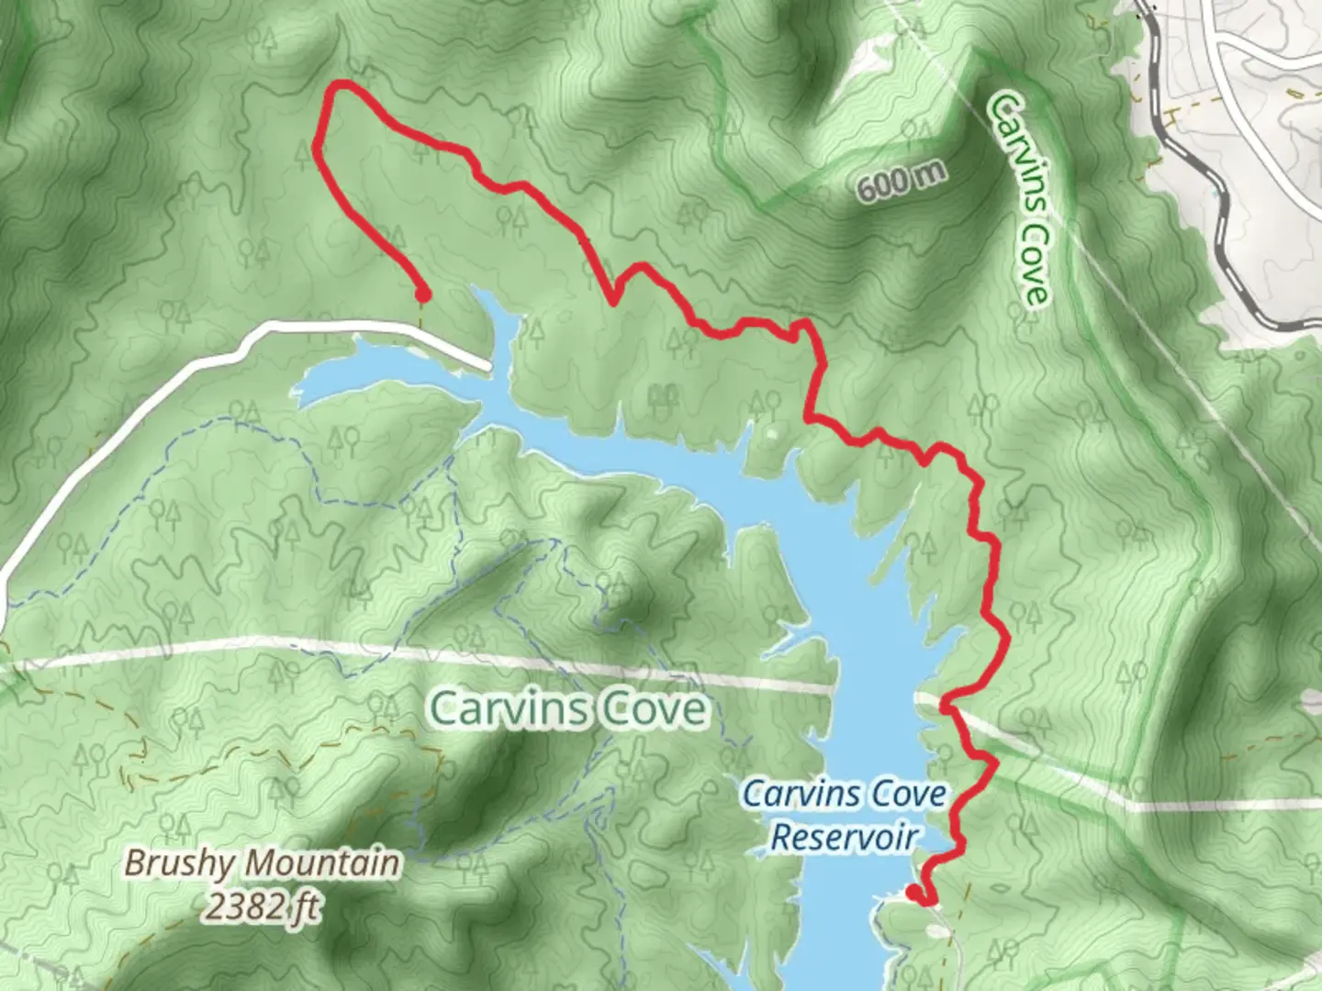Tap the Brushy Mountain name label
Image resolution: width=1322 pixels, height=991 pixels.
pyautogui.click(x=263, y=863)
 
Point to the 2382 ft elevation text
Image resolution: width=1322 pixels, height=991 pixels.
pyautogui.click(x=263, y=907)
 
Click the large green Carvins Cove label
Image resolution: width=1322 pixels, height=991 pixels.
pyautogui.click(x=569, y=708)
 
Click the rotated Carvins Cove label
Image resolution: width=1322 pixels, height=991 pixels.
pyautogui.click(x=1018, y=197)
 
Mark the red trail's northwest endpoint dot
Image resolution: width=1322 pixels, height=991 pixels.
pyautogui.click(x=422, y=295)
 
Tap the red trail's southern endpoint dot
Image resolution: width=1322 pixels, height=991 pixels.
pyautogui.click(x=913, y=892)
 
